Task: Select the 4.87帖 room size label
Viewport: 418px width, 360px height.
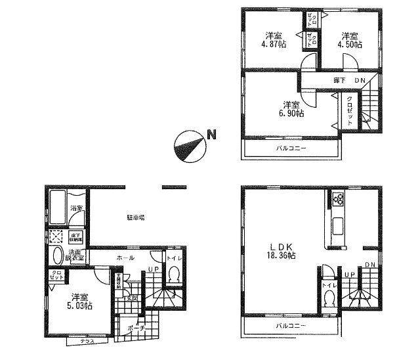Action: tap(276, 40)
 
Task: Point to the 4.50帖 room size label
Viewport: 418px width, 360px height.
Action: tap(350, 40)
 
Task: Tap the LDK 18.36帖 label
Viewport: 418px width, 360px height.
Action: tap(280, 252)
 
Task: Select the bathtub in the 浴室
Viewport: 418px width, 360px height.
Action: tap(56, 210)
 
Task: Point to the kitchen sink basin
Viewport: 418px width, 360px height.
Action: tap(339, 225)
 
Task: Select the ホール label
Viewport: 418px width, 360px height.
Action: tap(127, 258)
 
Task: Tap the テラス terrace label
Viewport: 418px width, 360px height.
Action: tap(87, 342)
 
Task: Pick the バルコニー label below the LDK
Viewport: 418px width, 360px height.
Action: tap(290, 325)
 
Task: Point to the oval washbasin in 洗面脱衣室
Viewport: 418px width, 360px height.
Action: tap(57, 256)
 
